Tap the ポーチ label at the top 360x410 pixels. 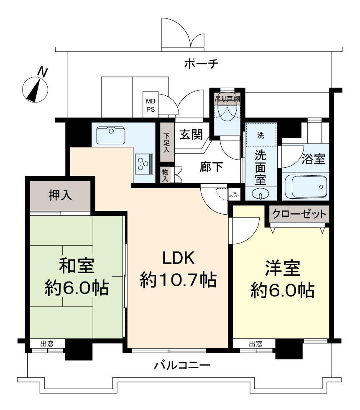[201, 64]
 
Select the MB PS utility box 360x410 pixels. [150, 104]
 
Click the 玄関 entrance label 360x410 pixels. [191, 134]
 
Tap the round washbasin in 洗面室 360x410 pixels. [260, 194]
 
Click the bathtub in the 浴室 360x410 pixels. [305, 186]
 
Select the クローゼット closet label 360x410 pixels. [299, 214]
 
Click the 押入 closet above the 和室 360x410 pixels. [59, 196]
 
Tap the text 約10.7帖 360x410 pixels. [178, 279]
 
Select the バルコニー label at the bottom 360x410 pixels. [182, 365]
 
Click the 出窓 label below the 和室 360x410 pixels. [47, 344]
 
